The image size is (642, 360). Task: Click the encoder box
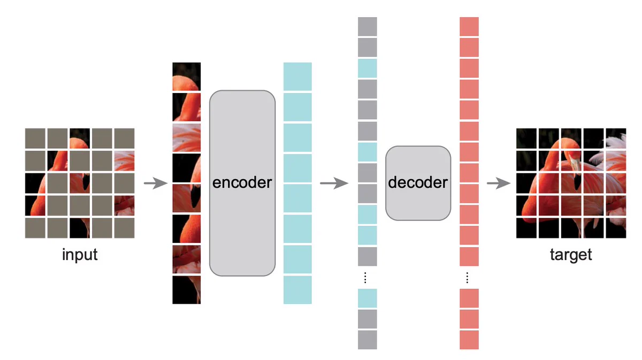(x=242, y=183)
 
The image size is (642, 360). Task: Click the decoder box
(x=418, y=183)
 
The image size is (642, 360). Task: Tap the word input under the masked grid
(x=80, y=255)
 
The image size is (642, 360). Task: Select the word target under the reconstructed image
(x=571, y=255)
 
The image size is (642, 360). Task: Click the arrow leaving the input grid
(x=156, y=183)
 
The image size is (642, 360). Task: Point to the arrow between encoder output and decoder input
(x=334, y=183)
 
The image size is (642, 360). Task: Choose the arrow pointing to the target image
(x=499, y=183)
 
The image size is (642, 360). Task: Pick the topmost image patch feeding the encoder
(x=187, y=76)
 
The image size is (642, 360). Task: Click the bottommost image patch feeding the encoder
(x=187, y=290)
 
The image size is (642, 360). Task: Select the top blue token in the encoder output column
(x=297, y=76)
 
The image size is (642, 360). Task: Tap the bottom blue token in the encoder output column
(x=297, y=290)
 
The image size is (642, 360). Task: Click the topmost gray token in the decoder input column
(x=368, y=27)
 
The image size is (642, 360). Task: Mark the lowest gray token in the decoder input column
(x=368, y=340)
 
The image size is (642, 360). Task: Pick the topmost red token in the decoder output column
(x=469, y=27)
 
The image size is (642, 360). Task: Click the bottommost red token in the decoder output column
(x=469, y=340)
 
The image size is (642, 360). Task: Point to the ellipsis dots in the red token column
(x=467, y=278)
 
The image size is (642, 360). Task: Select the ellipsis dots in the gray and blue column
(x=365, y=278)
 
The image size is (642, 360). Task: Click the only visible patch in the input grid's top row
(x=80, y=139)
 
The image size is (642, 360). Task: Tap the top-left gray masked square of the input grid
(x=35, y=139)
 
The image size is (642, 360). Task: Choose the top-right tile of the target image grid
(x=616, y=139)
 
